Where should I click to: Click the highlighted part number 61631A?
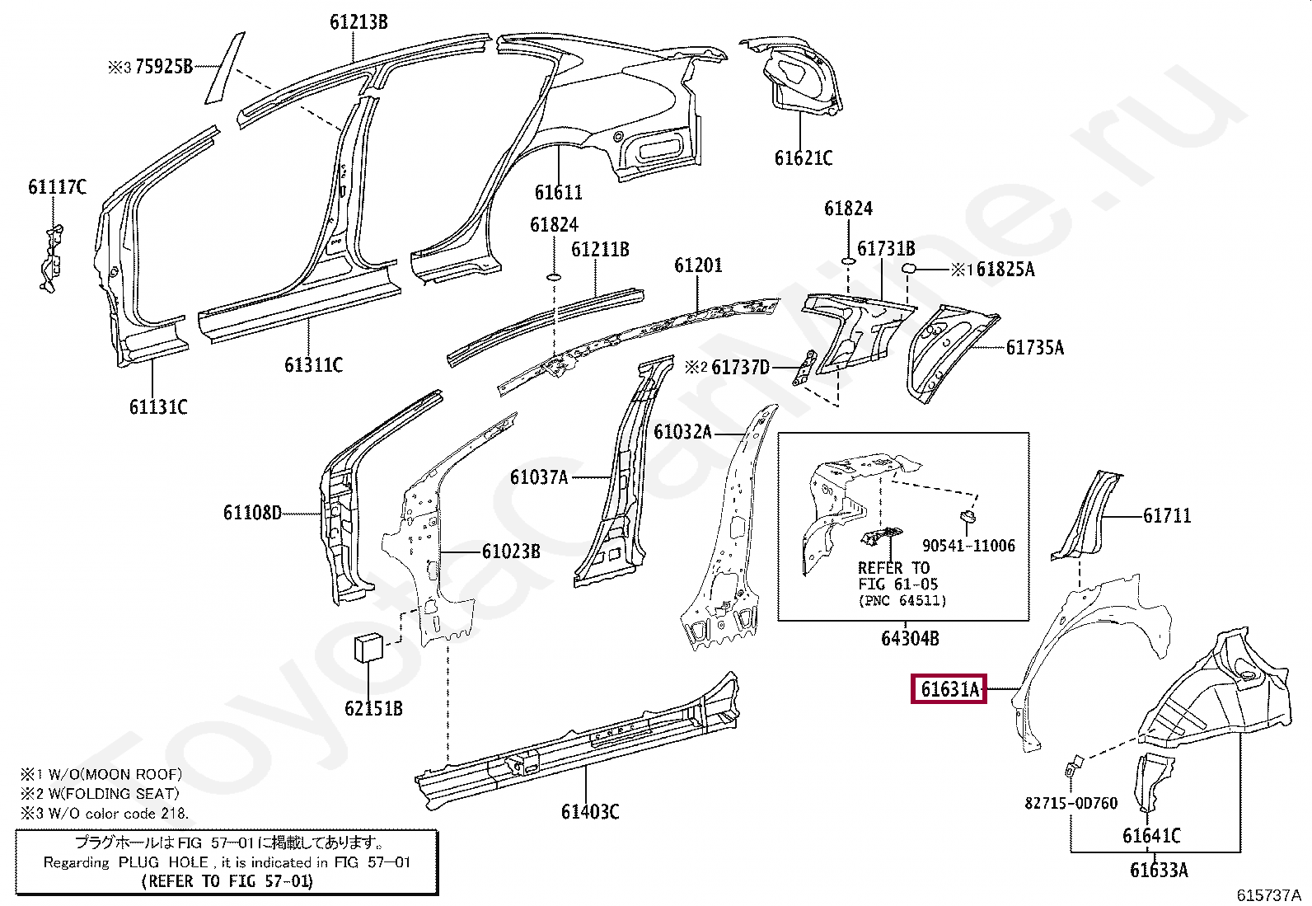tap(950, 689)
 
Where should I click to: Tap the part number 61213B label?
tap(358, 22)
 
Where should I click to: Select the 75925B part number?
tap(163, 67)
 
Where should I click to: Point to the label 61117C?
tap(57, 187)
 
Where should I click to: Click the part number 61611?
tap(558, 193)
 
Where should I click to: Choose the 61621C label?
tap(803, 157)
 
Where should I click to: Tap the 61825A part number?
tap(1005, 270)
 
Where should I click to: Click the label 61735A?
tap(1034, 348)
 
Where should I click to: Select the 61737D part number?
tap(740, 367)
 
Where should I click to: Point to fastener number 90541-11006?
tap(968, 546)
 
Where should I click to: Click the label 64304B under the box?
tap(910, 638)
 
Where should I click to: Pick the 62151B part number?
tap(373, 708)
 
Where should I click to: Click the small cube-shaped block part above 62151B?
tap(368, 647)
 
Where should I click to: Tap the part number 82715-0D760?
tap(1071, 803)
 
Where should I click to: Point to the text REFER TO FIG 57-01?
tap(227, 881)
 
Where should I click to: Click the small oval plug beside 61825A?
tap(908, 269)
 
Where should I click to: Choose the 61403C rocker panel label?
tap(589, 812)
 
